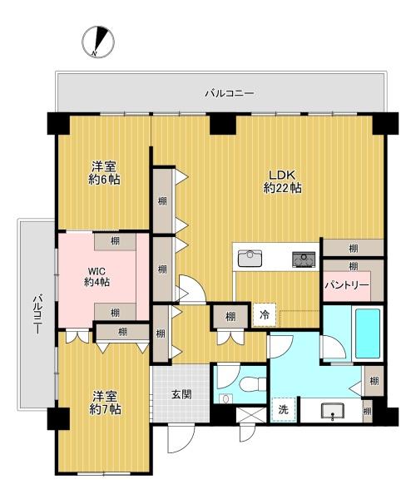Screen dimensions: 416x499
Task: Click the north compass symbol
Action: click(98, 42)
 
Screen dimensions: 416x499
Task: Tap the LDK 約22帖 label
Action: click(282, 181)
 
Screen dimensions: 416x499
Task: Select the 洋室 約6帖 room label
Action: click(104, 173)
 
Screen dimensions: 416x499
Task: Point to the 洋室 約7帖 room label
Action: click(105, 403)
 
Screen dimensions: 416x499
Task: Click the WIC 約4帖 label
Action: click(97, 277)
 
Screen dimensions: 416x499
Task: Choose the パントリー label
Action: click(347, 285)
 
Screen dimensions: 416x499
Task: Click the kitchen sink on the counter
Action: click(250, 258)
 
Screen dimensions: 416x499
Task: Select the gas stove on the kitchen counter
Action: click(304, 259)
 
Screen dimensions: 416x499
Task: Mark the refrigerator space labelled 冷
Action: click(265, 314)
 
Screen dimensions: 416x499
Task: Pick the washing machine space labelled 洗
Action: click(283, 409)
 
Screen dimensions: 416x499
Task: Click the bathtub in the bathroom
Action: click(368, 333)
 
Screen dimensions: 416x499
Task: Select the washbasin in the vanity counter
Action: click(332, 411)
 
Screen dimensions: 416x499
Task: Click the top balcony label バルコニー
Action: click(229, 93)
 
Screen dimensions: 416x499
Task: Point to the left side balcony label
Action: click(37, 314)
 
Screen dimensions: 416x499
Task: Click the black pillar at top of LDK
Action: click(223, 123)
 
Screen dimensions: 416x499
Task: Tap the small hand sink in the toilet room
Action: click(226, 398)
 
